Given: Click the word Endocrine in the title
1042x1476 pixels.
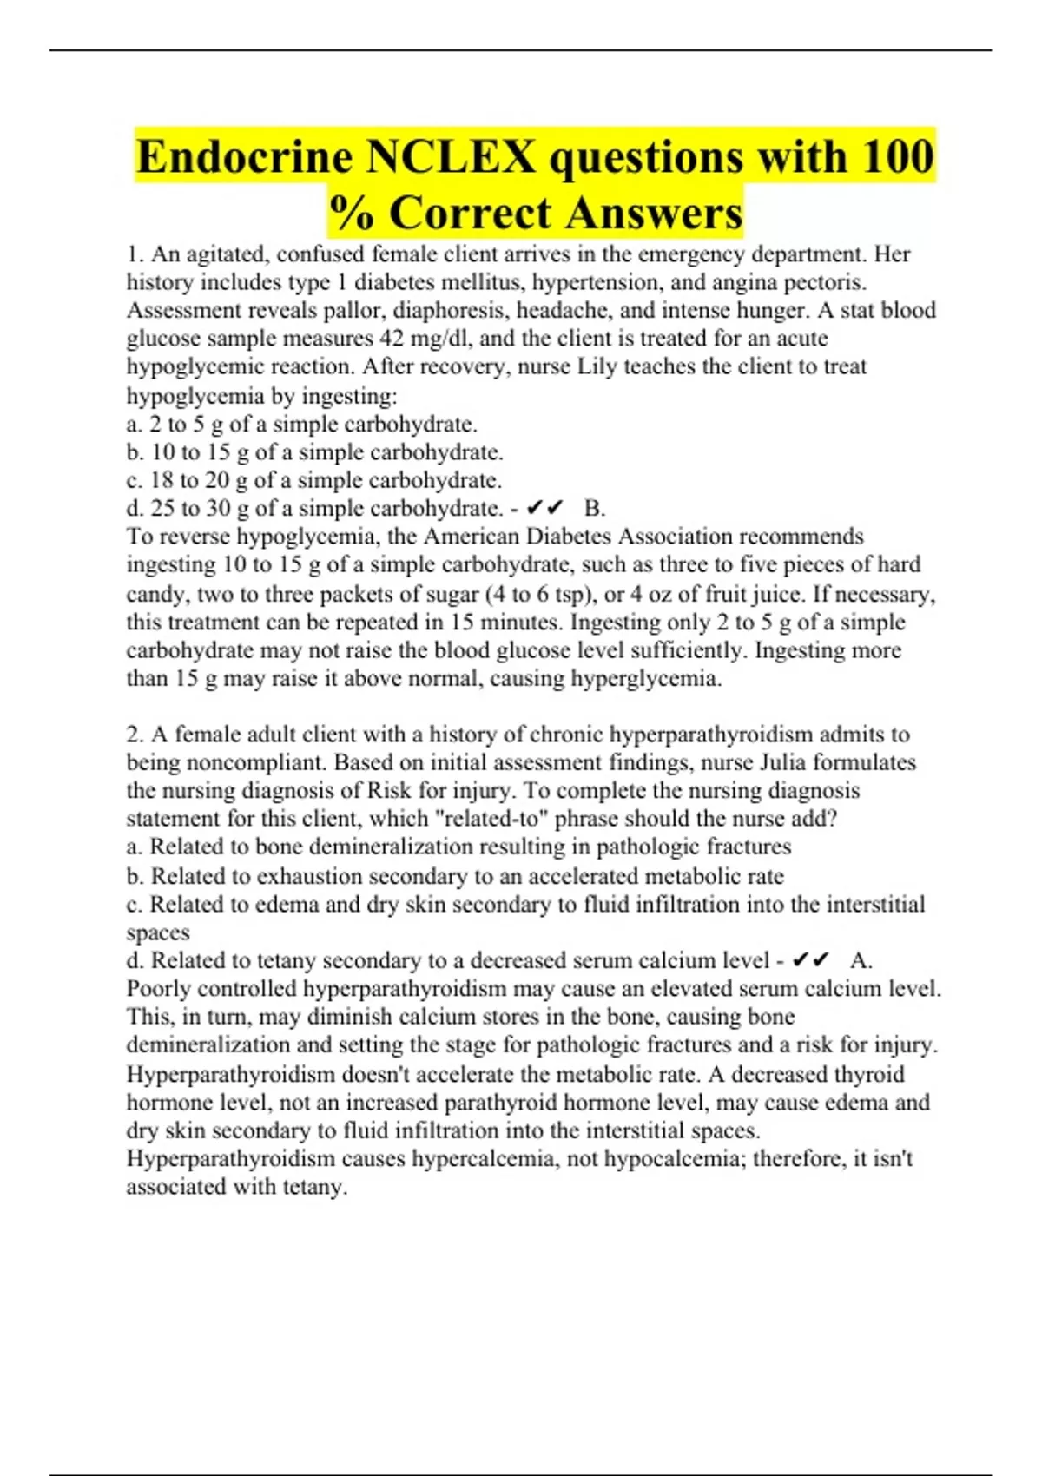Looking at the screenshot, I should coord(245,158).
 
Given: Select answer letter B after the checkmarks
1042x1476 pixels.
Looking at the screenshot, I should coord(595,508).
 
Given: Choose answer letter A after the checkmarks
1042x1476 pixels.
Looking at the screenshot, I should coord(861,960).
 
